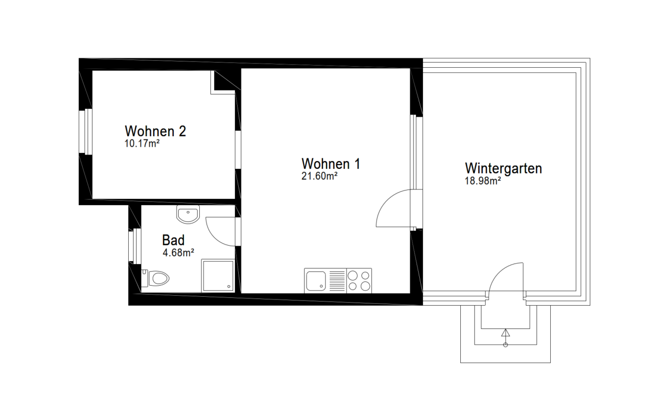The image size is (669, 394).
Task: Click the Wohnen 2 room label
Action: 155,132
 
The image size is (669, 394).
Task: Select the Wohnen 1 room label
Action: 331,164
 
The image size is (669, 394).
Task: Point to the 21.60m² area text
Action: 320,176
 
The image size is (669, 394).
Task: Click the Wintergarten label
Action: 503,168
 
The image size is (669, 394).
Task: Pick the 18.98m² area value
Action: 483,181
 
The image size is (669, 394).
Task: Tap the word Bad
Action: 173,241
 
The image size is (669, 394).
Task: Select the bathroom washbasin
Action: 188,213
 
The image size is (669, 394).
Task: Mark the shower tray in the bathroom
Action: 218,275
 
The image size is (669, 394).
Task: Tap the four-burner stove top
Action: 359,280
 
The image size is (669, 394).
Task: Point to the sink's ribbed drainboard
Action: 338,280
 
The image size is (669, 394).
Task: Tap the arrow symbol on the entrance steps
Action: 505,333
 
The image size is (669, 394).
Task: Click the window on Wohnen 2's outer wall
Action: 88,132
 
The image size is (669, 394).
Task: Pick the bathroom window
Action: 133,246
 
